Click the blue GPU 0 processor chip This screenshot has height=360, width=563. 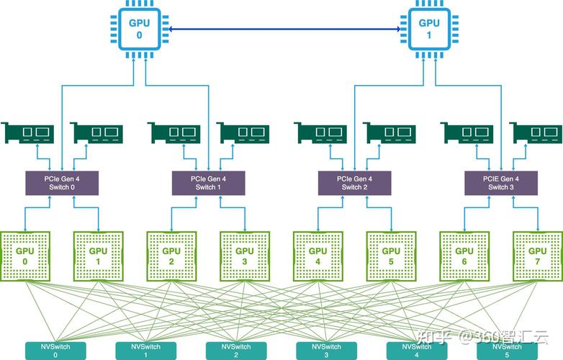click(x=140, y=29)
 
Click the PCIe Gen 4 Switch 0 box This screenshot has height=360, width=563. click(x=62, y=183)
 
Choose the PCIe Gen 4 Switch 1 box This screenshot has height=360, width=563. click(x=208, y=183)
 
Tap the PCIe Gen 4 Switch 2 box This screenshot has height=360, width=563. click(x=354, y=183)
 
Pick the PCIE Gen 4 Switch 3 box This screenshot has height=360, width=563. click(x=500, y=183)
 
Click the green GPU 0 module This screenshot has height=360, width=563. click(x=25, y=256)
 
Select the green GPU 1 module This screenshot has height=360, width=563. click(x=98, y=256)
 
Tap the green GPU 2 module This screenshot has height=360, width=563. click(x=171, y=256)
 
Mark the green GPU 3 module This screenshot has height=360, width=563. click(x=245, y=256)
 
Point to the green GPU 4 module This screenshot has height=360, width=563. click(x=318, y=256)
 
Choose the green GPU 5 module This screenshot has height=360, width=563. click(x=391, y=256)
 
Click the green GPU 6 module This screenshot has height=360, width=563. click(x=464, y=256)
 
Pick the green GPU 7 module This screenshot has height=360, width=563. click(x=537, y=256)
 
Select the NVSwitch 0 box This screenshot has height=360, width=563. click(x=56, y=351)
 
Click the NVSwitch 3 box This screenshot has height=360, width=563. click(x=325, y=351)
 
